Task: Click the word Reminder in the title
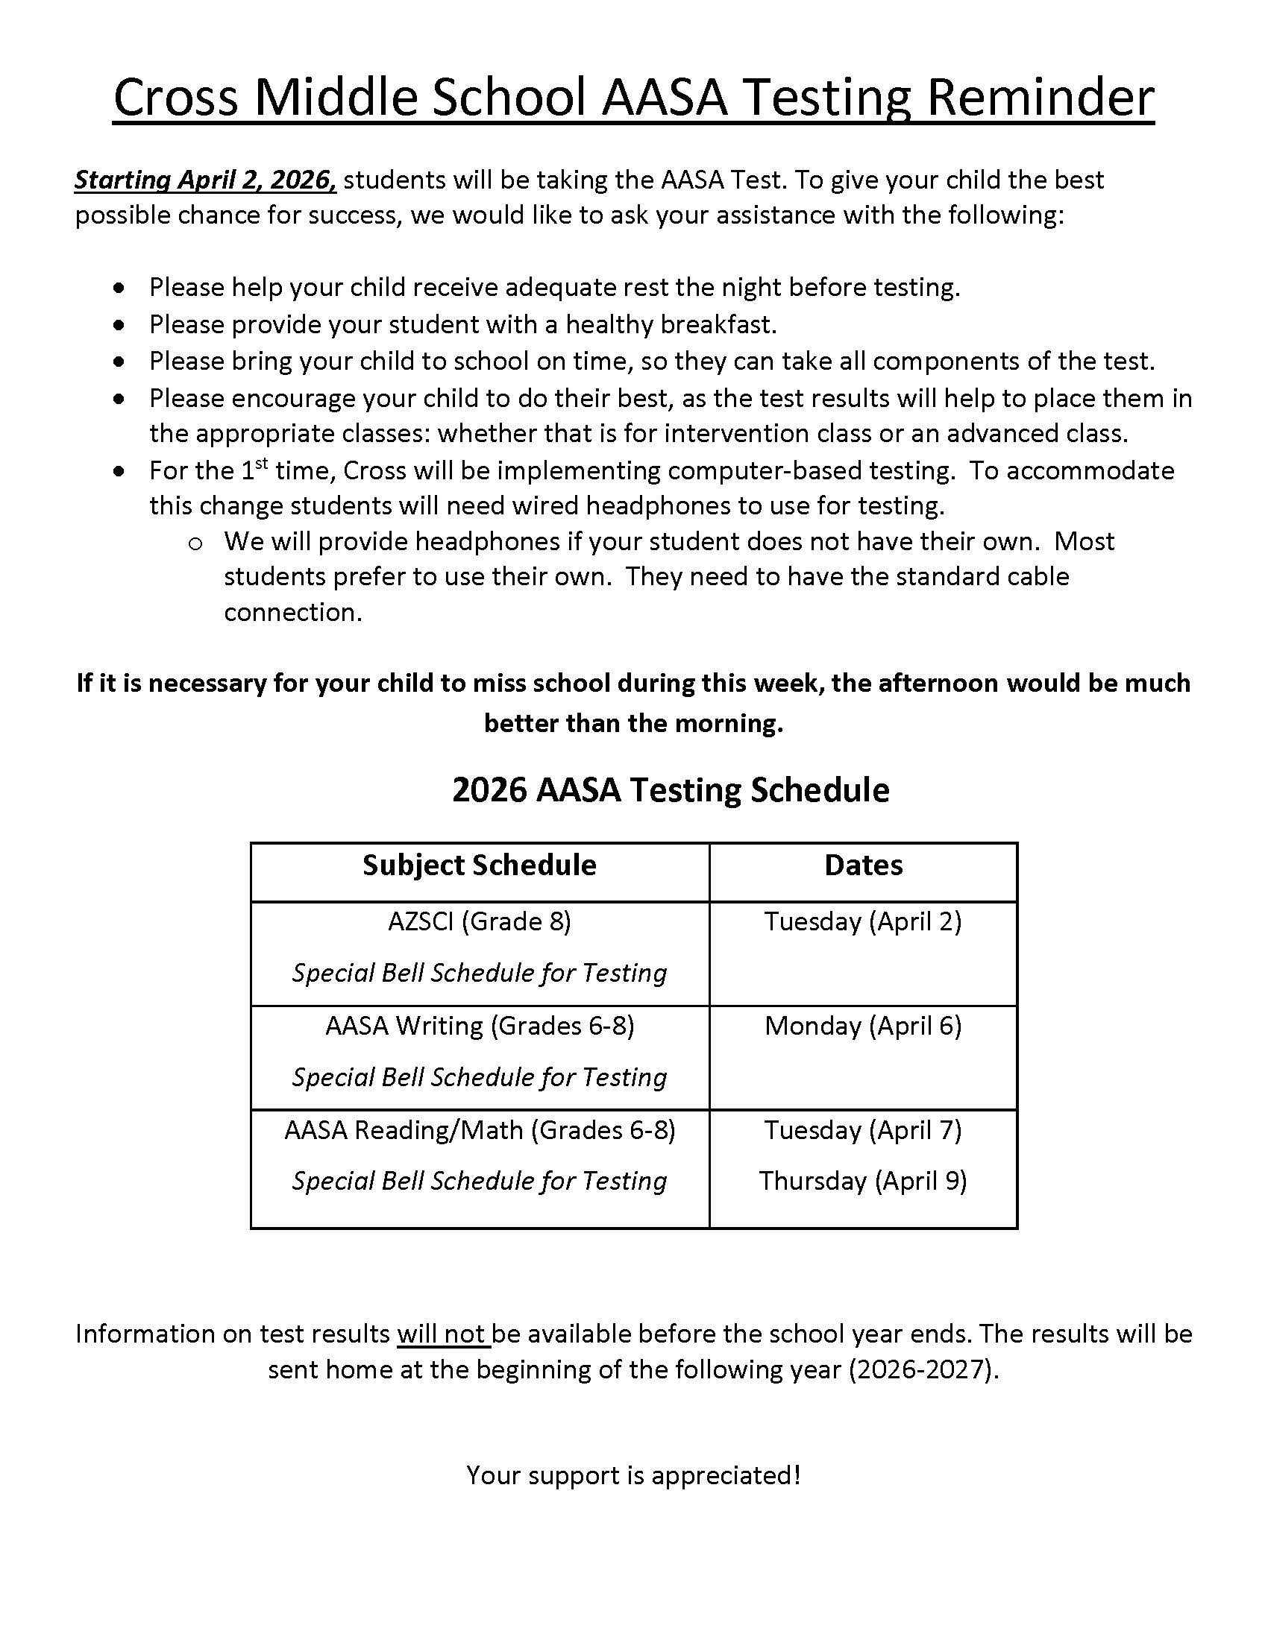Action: point(1041,98)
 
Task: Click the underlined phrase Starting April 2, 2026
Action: point(205,180)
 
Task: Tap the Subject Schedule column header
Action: point(480,865)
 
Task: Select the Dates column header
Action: point(863,865)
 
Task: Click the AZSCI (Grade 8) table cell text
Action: point(480,921)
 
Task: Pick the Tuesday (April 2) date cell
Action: point(863,921)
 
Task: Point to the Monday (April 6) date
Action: point(863,1026)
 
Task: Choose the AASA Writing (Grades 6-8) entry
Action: point(480,1026)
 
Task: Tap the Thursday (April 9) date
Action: point(863,1181)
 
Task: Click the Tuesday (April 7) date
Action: point(863,1130)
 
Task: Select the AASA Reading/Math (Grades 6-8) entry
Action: point(480,1130)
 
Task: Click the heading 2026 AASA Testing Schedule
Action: point(671,790)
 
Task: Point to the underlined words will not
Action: point(443,1334)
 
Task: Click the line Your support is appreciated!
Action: point(633,1475)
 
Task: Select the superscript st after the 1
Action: point(261,464)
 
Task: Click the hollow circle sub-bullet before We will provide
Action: point(195,543)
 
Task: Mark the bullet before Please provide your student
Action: point(119,325)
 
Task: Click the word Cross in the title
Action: point(176,98)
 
